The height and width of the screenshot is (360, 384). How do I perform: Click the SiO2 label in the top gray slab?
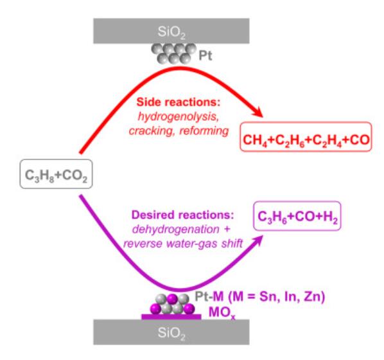pyautogui.click(x=171, y=32)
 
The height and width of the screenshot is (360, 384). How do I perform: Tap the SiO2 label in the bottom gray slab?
pyautogui.click(x=171, y=333)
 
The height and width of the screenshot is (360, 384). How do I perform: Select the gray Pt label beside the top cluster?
pyautogui.click(x=205, y=56)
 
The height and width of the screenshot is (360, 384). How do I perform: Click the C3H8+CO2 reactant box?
pyautogui.click(x=56, y=174)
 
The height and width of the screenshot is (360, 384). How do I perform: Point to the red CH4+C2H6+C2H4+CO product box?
pyautogui.click(x=306, y=136)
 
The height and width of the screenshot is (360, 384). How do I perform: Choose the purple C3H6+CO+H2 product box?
pyautogui.click(x=297, y=216)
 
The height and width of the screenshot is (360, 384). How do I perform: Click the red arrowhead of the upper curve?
pyautogui.click(x=258, y=113)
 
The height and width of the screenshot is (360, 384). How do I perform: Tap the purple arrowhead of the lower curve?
pyautogui.click(x=257, y=240)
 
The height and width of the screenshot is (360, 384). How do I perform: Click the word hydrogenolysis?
pyautogui.click(x=179, y=116)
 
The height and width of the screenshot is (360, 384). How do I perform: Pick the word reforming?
pyautogui.click(x=204, y=131)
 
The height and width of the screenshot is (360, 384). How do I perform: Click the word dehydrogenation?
pyautogui.click(x=176, y=230)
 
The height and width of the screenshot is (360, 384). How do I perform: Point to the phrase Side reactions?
pyautogui.click(x=179, y=102)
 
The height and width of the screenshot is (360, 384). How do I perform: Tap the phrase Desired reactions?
pyautogui.click(x=183, y=215)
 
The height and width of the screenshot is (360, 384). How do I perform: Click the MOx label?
pyautogui.click(x=222, y=313)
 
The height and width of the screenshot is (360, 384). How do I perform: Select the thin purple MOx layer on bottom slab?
pyautogui.click(x=171, y=317)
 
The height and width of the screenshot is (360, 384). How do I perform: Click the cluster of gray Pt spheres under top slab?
pyautogui.click(x=174, y=53)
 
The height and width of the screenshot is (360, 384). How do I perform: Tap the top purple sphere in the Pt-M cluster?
pyautogui.click(x=172, y=299)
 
